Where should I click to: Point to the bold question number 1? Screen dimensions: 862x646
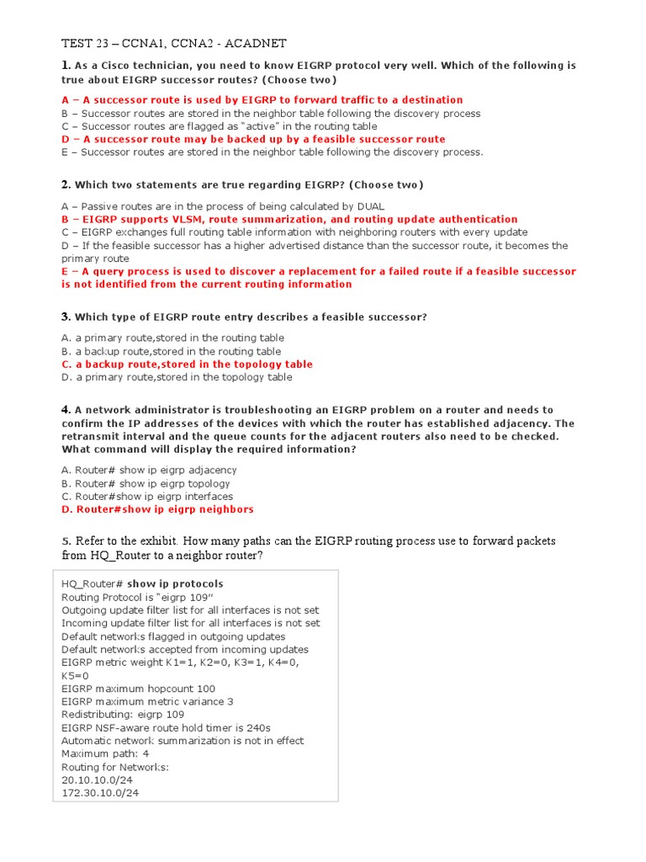tap(66, 65)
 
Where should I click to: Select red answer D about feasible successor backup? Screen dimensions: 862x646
tap(253, 139)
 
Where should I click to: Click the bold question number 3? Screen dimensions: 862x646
tap(66, 317)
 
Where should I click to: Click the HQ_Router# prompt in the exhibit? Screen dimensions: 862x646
tap(93, 583)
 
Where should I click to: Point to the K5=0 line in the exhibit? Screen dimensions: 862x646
tap(75, 675)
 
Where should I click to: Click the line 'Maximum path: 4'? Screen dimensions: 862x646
tap(105, 754)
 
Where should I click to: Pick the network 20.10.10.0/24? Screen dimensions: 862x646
tap(98, 780)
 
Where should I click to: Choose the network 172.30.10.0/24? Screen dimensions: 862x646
tap(101, 794)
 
